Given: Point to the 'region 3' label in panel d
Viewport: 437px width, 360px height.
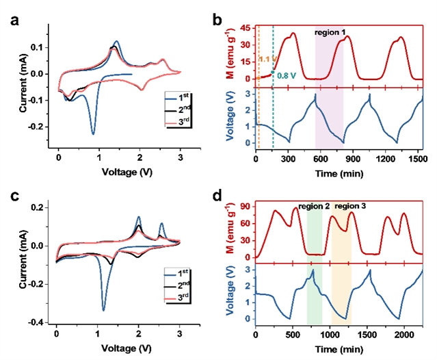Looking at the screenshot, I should coord(350,205).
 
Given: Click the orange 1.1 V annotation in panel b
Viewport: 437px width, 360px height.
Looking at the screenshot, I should coord(265,60).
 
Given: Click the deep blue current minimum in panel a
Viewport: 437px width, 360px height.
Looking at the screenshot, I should coord(94,133).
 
